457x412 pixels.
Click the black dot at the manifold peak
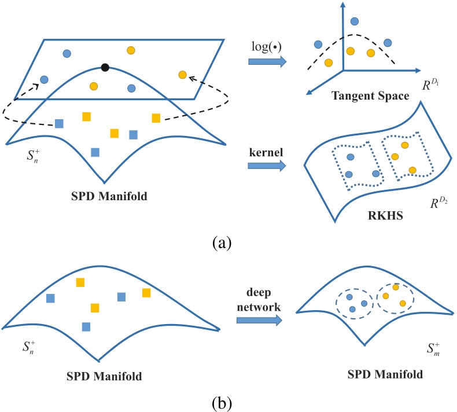click(105, 68)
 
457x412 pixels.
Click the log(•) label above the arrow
click(266, 47)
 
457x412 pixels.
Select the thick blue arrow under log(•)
click(267, 61)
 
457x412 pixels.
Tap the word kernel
click(266, 152)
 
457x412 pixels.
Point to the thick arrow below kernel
click(267, 165)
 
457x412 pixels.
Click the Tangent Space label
click(370, 96)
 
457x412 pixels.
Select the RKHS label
click(385, 216)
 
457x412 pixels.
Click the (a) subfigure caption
click(222, 242)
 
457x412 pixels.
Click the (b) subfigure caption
click(222, 403)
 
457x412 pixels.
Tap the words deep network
click(259, 299)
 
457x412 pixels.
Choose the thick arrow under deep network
click(259, 320)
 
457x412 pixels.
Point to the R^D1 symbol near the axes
click(430, 84)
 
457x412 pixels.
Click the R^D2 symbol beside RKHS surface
click(439, 203)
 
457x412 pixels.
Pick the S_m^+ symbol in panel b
click(433, 349)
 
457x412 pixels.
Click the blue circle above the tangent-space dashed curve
click(355, 21)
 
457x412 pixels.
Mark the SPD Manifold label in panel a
click(109, 196)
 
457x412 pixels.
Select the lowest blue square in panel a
click(95, 152)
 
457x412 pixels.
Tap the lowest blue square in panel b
click(86, 327)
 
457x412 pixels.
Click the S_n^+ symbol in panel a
click(33, 156)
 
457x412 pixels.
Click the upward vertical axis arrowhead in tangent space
click(343, 5)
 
